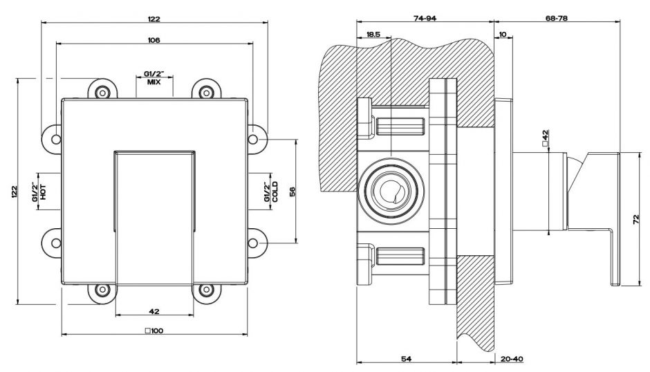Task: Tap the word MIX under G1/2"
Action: click(x=154, y=82)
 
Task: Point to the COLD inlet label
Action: click(x=275, y=192)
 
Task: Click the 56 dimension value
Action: click(x=292, y=192)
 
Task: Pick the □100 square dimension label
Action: click(x=154, y=331)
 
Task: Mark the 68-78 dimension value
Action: click(x=557, y=19)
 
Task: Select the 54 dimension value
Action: click(x=406, y=358)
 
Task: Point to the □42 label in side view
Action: click(x=546, y=137)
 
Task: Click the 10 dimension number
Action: click(x=502, y=34)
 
